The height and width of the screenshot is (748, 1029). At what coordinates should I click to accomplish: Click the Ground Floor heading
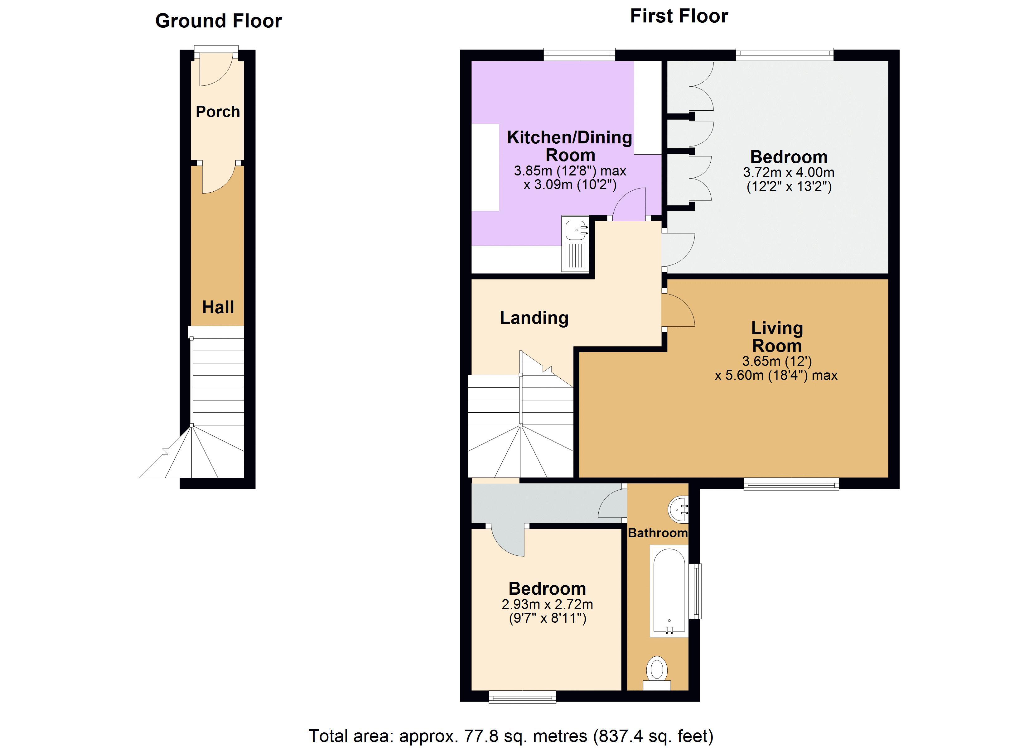tap(218, 21)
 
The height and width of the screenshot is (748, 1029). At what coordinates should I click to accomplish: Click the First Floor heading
tap(679, 16)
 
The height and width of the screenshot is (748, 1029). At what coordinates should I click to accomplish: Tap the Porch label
tap(218, 112)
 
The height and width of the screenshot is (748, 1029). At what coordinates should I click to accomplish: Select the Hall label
tap(218, 307)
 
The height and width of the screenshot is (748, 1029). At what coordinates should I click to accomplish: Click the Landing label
tap(534, 318)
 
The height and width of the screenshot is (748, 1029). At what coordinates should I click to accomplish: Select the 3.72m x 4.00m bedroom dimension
tap(789, 172)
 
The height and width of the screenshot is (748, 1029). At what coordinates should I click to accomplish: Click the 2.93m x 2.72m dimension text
tap(547, 604)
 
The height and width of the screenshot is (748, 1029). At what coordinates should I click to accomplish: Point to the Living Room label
tap(777, 337)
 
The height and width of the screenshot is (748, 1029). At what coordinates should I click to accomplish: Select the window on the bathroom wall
tap(695, 591)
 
